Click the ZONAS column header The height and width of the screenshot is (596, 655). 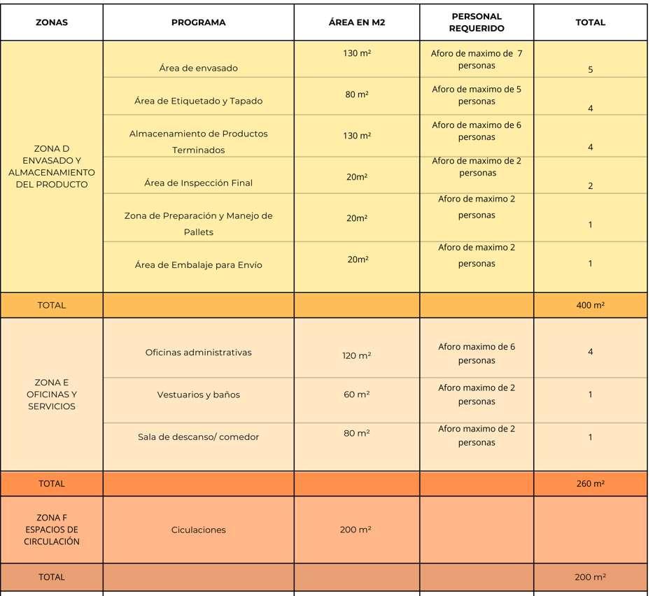point(52,22)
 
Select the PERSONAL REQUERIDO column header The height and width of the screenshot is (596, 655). point(477,22)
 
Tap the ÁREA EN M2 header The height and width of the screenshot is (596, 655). point(357,22)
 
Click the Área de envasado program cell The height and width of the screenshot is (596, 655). point(199,68)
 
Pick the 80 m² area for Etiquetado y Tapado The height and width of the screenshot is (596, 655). point(357,94)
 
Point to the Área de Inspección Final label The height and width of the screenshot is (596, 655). point(199,183)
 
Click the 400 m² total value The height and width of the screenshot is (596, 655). point(590,305)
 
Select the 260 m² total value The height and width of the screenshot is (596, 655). point(590,483)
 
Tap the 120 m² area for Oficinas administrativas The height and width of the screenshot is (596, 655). point(357,356)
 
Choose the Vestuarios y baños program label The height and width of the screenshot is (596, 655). point(199,395)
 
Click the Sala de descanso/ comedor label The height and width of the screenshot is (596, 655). point(199,437)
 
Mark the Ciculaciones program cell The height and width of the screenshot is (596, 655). point(199,530)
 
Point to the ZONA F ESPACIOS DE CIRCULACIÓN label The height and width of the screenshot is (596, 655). point(52,530)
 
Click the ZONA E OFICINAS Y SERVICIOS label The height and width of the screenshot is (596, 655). point(52,395)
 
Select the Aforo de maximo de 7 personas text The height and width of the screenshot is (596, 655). point(477,59)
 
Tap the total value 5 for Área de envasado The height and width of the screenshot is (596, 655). point(590,70)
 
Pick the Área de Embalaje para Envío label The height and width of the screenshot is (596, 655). point(199,265)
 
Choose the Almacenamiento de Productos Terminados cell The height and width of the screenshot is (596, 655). point(199,141)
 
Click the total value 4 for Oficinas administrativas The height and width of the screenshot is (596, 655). point(590,352)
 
